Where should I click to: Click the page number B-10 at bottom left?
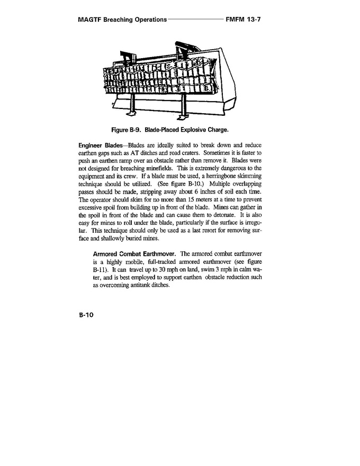[86, 315]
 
